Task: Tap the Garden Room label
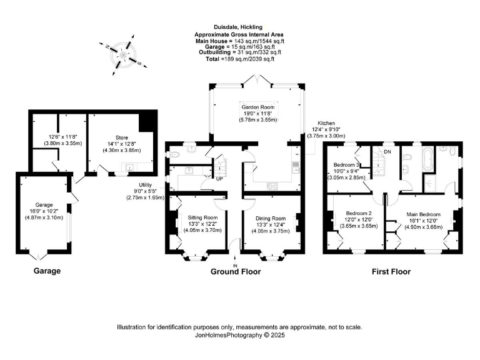[x=259, y=107]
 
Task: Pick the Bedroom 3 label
[x=346, y=164]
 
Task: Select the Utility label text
[x=147, y=184]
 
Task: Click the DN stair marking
[x=387, y=152]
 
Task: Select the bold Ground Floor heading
[x=236, y=272]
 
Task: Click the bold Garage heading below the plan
[x=47, y=271]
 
